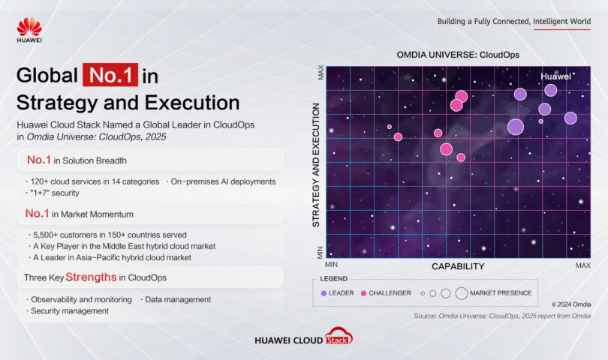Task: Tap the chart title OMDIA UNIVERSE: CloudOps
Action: [x=458, y=55]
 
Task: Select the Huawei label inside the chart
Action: [x=555, y=76]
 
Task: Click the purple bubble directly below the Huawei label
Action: [x=550, y=90]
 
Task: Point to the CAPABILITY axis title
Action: [x=458, y=266]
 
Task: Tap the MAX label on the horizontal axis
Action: [x=582, y=265]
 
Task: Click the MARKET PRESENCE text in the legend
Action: [x=501, y=293]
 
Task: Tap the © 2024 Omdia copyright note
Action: [x=570, y=304]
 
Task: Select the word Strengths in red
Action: [x=91, y=277]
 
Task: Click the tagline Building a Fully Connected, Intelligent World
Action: [x=513, y=21]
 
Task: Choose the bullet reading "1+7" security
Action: [x=59, y=193]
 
